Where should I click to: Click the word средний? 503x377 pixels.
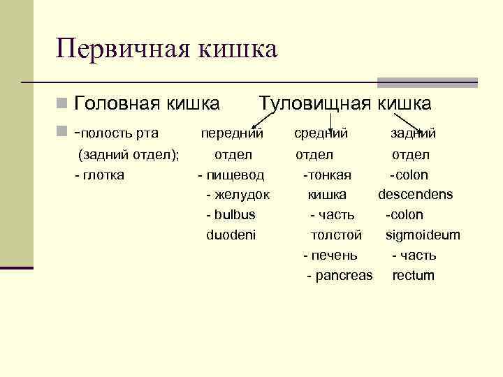321,133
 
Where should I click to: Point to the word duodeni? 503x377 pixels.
231,235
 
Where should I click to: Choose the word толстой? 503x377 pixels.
336,235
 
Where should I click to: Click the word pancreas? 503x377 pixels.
344,275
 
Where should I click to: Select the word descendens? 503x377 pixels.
416,194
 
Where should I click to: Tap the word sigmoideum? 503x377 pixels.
423,235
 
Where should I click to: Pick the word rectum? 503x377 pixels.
413,275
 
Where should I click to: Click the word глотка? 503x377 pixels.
103,175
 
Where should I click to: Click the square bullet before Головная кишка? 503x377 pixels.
62,105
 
